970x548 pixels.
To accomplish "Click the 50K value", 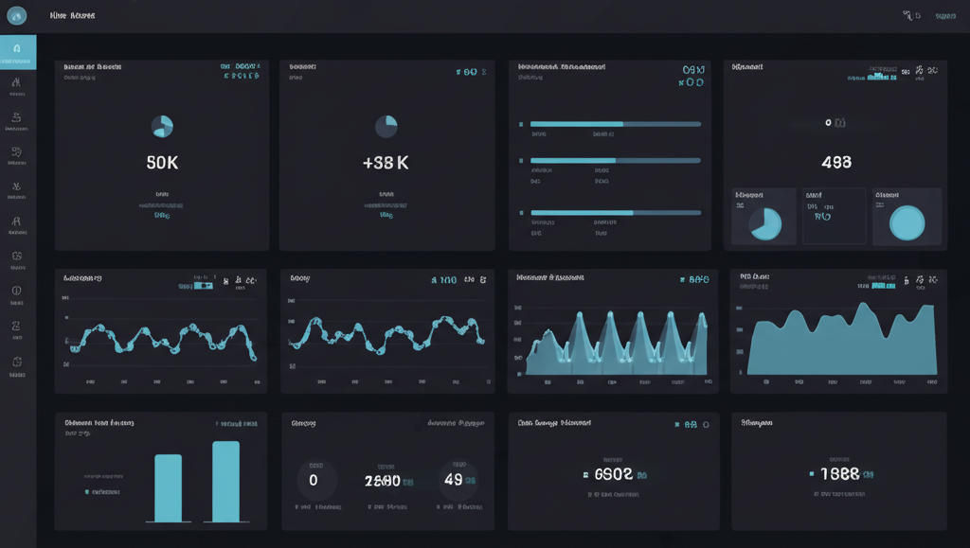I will click(x=162, y=163).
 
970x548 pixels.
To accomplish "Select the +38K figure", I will click(x=386, y=163).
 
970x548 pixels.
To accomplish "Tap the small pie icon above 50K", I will click(x=163, y=127).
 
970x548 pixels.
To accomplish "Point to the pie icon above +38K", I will click(x=386, y=127).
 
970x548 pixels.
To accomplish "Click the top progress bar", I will click(x=615, y=124).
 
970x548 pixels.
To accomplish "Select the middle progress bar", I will click(x=615, y=161).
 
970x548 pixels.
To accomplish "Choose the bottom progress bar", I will click(x=615, y=213).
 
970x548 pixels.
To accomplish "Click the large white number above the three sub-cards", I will click(x=835, y=163).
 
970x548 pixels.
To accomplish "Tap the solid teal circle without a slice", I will click(x=907, y=222).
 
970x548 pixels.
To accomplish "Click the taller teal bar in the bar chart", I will click(x=225, y=481).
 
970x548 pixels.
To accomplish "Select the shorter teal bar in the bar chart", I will click(x=168, y=487).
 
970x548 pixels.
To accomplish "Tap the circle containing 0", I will click(x=314, y=480).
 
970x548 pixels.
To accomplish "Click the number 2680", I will click(x=383, y=481).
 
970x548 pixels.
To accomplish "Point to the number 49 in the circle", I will click(x=453, y=480).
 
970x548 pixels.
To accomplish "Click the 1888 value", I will click(x=839, y=474).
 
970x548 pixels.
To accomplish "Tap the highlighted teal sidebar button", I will click(x=18, y=51).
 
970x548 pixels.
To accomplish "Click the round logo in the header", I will click(x=16, y=15).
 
